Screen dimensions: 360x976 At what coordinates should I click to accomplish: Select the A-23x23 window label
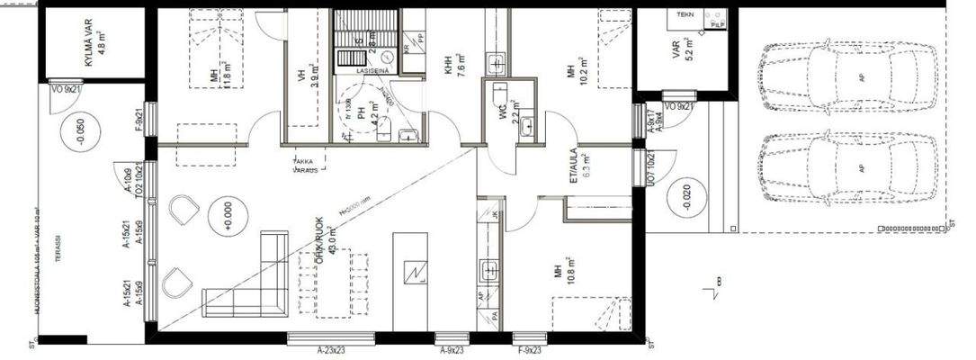click(x=336, y=349)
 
